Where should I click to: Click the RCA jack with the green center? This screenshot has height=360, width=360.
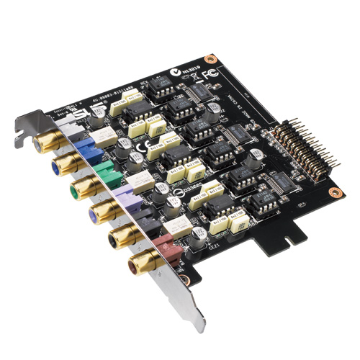point(77,189)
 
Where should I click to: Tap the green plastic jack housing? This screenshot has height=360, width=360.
point(104,172)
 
